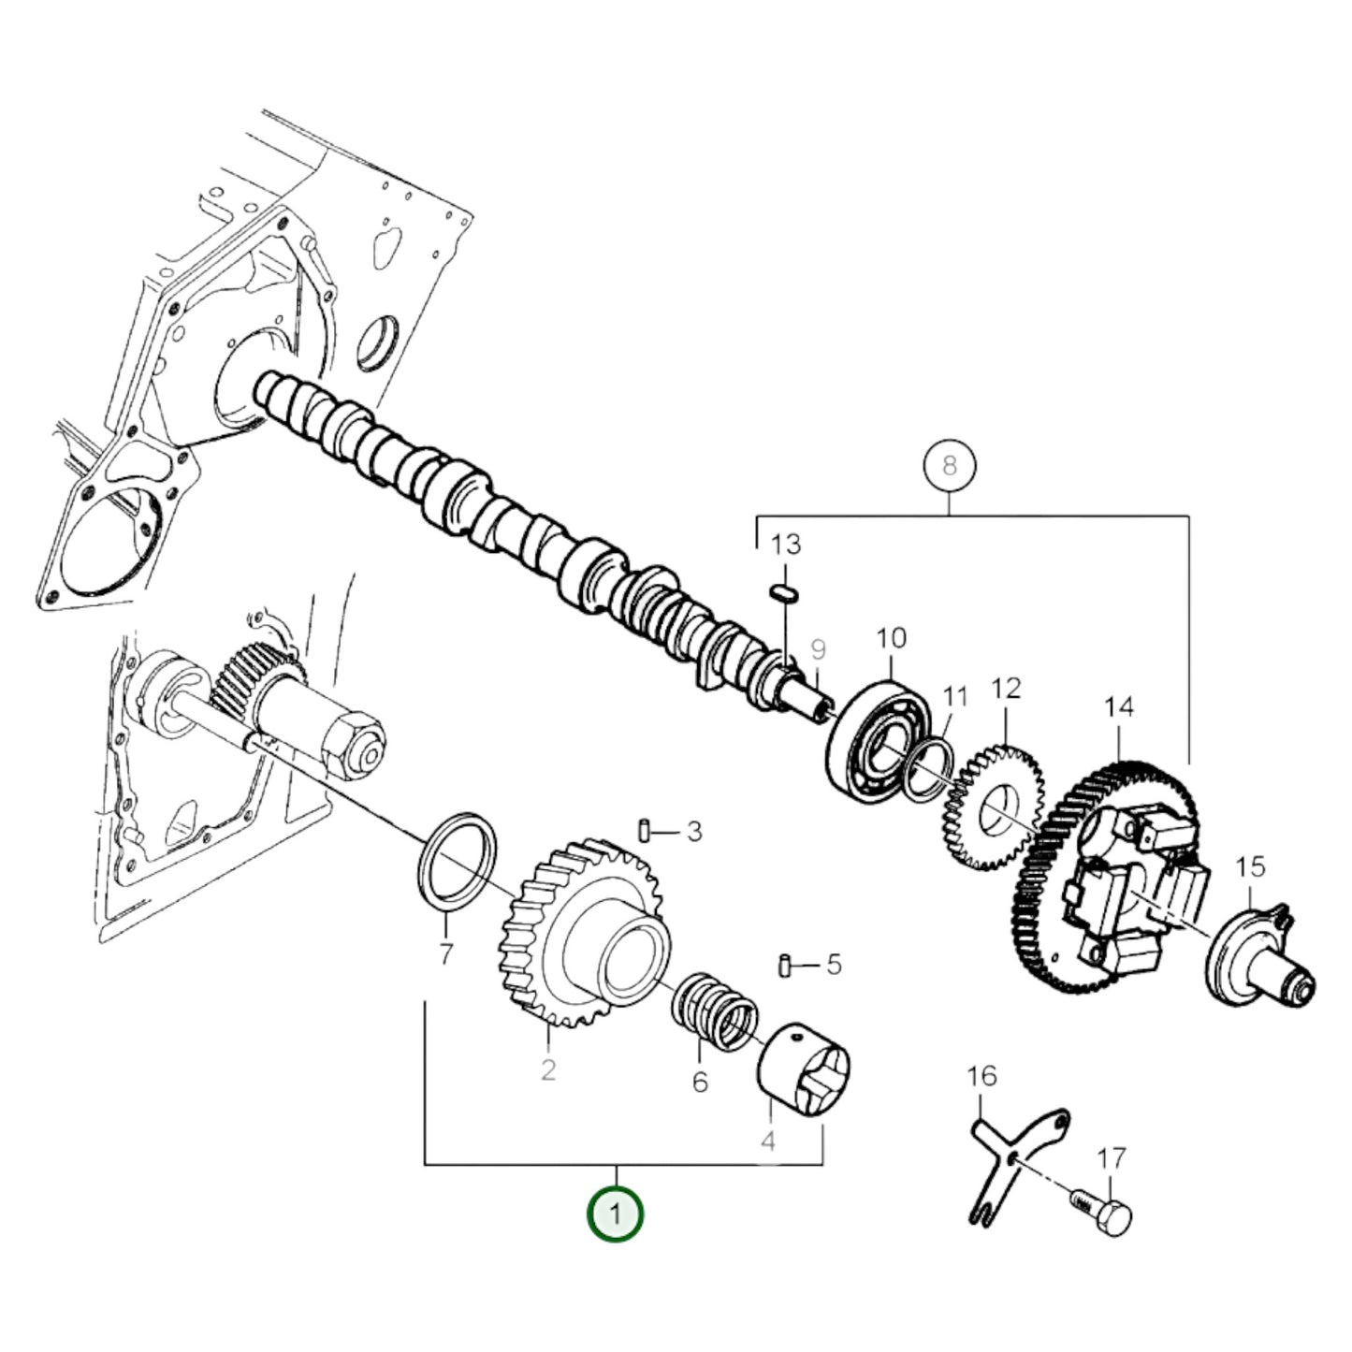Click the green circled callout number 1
click(615, 1214)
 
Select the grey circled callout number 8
click(949, 465)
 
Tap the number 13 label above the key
click(786, 545)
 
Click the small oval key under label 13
click(783, 593)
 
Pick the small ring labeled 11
click(928, 760)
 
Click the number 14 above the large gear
click(1118, 706)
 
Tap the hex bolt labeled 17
click(1104, 1212)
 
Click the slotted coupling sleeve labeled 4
click(807, 1069)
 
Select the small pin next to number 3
click(646, 830)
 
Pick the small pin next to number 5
click(786, 964)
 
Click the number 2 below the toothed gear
click(548, 1069)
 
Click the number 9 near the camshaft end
click(818, 647)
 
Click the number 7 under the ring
click(445, 954)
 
